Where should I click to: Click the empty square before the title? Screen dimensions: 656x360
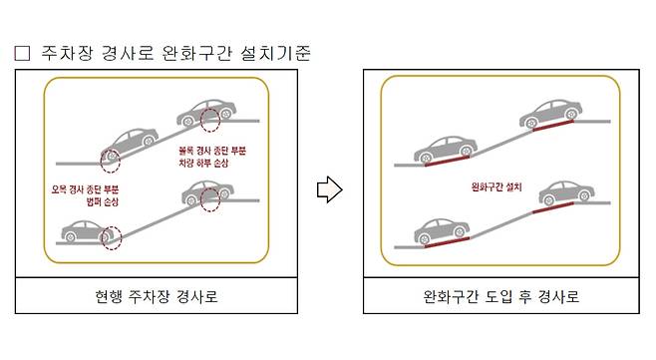click(x=22, y=53)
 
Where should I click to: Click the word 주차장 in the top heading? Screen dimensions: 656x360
click(x=66, y=53)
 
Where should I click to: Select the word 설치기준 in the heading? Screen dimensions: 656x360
click(x=276, y=53)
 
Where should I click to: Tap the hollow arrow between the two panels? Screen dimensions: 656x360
click(x=330, y=189)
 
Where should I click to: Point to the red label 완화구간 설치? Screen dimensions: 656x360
click(x=496, y=186)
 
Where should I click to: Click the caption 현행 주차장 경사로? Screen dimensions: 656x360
click(x=157, y=296)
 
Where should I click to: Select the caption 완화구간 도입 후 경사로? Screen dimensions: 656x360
click(x=500, y=296)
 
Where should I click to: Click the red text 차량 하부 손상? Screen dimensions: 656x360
click(x=203, y=163)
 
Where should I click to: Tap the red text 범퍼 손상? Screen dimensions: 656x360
click(x=103, y=201)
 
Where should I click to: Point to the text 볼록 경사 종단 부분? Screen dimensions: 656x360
click(x=212, y=151)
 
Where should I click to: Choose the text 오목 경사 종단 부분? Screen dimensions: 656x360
click(x=86, y=189)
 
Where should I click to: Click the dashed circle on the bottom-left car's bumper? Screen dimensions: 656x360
click(x=112, y=237)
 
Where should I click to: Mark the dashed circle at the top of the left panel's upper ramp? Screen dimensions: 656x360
click(x=210, y=120)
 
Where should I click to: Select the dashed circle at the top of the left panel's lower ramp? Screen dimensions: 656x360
click(x=210, y=199)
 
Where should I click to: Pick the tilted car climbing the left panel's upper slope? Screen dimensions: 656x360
click(x=130, y=144)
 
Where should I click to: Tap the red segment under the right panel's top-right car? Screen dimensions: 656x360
click(x=553, y=126)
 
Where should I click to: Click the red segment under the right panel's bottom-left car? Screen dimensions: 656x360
click(x=447, y=242)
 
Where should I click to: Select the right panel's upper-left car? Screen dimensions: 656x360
click(x=446, y=149)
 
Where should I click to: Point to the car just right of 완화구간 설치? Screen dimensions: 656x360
click(x=567, y=192)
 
